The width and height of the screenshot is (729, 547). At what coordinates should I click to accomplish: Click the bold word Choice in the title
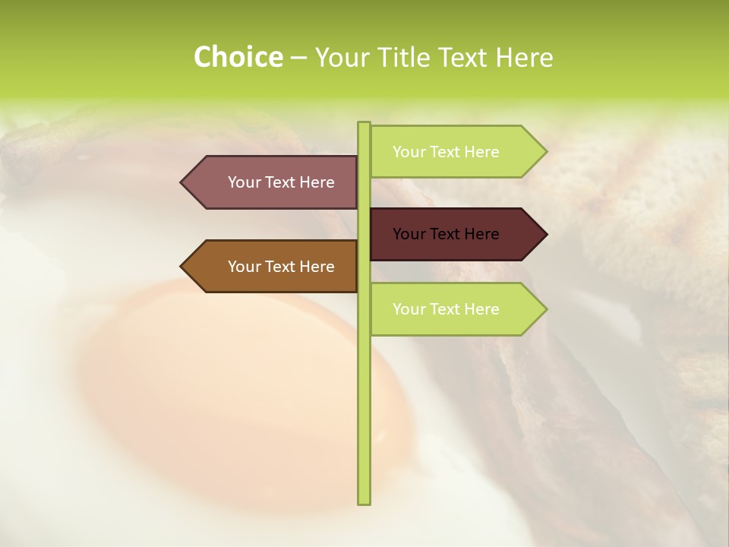tap(238, 58)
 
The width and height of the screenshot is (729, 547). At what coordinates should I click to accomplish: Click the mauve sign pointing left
tap(273, 182)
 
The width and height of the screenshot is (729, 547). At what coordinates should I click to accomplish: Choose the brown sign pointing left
tap(273, 266)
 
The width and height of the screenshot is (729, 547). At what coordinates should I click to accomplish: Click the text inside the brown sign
tap(281, 267)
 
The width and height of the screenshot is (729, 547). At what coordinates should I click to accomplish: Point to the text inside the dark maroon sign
tap(446, 234)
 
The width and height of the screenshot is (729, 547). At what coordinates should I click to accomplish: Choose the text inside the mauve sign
tap(281, 182)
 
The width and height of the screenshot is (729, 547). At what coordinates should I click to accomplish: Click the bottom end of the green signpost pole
tap(364, 501)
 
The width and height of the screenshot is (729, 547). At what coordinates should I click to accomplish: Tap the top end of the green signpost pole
tap(364, 125)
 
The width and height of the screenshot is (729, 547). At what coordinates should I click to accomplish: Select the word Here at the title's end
tap(524, 58)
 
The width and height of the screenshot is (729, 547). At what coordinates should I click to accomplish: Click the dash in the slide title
tap(298, 58)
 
